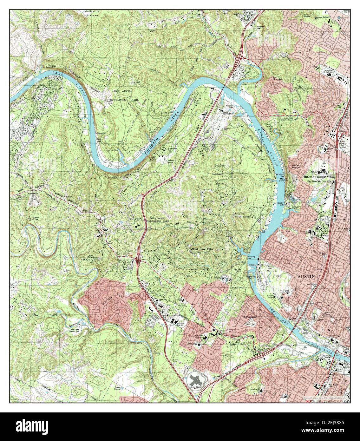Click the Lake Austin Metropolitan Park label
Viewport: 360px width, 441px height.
coord(124,95)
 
